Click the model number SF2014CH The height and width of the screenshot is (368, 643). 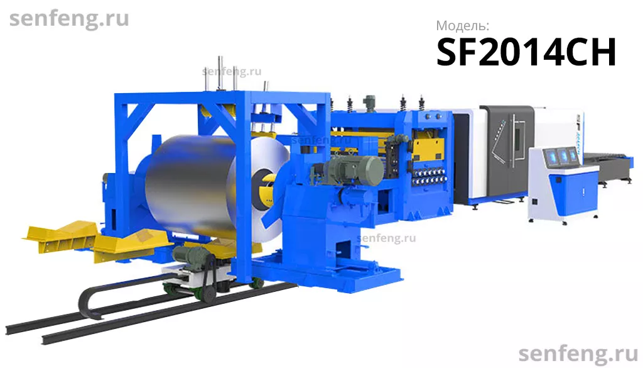pyautogui.click(x=526, y=52)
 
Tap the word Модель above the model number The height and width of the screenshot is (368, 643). pyautogui.click(x=462, y=26)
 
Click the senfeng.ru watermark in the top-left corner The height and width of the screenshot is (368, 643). pyautogui.click(x=69, y=18)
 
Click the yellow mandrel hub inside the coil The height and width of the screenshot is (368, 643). pyautogui.click(x=267, y=191)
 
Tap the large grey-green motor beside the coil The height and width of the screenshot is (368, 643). pyautogui.click(x=353, y=169)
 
